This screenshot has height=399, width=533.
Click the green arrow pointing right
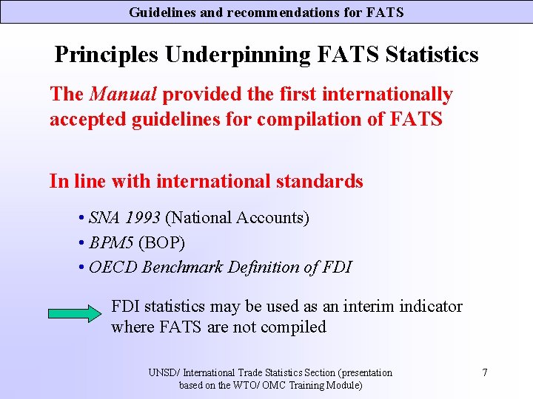(x=74, y=313)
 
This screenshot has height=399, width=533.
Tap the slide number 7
(x=484, y=372)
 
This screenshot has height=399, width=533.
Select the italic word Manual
(x=123, y=95)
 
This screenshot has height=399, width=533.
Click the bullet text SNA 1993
(x=124, y=218)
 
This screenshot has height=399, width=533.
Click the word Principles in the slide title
(x=107, y=55)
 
